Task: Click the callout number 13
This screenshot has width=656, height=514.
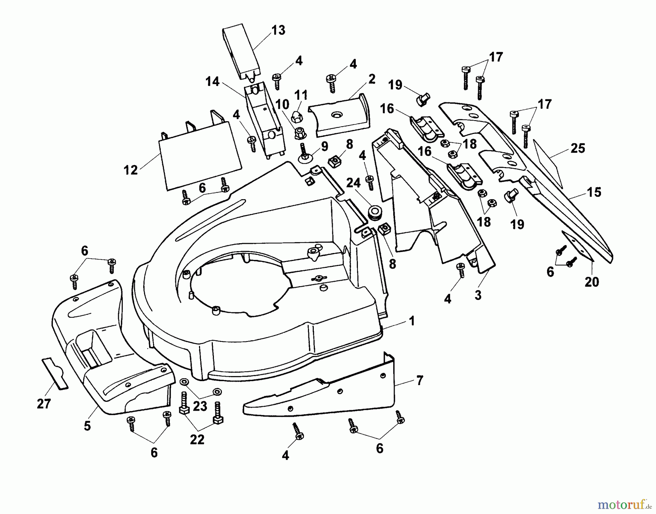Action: click(x=278, y=30)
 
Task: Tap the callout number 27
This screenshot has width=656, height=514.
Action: click(x=44, y=404)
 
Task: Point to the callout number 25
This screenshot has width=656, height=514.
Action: click(x=578, y=149)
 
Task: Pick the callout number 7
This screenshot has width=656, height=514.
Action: click(x=419, y=380)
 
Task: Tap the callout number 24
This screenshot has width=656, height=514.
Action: click(x=353, y=183)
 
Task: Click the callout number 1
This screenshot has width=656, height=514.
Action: click(x=412, y=321)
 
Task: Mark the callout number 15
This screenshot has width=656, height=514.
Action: click(x=594, y=192)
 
